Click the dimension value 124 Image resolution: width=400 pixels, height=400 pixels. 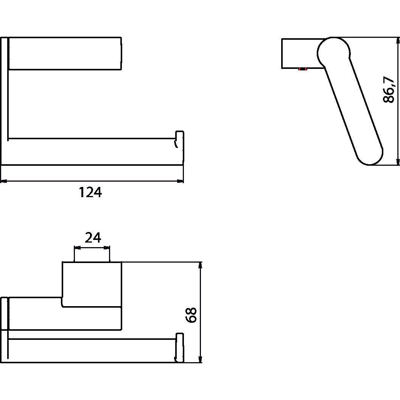pyautogui.click(x=90, y=193)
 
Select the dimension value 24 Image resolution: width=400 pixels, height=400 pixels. pyautogui.click(x=93, y=238)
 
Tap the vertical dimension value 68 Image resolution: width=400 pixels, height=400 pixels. pyautogui.click(x=192, y=314)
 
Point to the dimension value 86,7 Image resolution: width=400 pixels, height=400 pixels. pyautogui.click(x=389, y=90)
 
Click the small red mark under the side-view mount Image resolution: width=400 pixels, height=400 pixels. pyautogui.click(x=302, y=69)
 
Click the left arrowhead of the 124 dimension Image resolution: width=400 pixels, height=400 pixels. pyautogui.click(x=4, y=181)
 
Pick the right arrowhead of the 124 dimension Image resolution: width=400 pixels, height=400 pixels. pyautogui.click(x=180, y=181)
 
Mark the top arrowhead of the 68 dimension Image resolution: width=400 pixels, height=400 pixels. pyautogui.click(x=201, y=265)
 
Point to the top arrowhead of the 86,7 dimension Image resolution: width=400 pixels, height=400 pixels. pyautogui.click(x=398, y=40)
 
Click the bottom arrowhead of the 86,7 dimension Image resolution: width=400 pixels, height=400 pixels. pyautogui.click(x=398, y=162)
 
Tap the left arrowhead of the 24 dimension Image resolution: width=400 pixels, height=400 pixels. pyautogui.click(x=77, y=248)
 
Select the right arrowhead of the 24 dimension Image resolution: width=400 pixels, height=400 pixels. pyautogui.click(x=107, y=248)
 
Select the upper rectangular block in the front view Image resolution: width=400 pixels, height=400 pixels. pyautogui.click(x=64, y=53)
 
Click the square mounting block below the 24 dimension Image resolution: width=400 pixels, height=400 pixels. pyautogui.click(x=92, y=284)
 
